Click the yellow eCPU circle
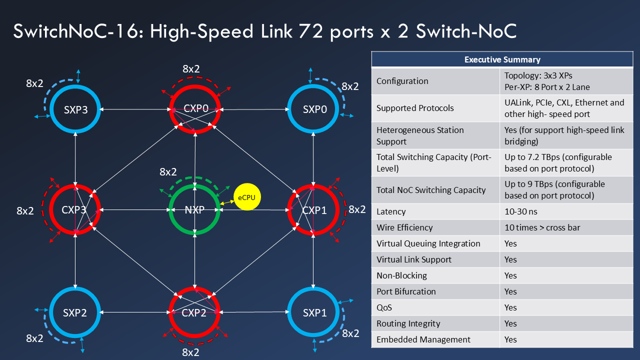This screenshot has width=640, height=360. [x=246, y=197]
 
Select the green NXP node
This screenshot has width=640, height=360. [x=194, y=210]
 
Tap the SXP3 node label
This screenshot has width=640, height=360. [x=75, y=110]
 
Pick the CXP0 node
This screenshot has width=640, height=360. [x=194, y=109]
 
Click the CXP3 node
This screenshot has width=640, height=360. [x=75, y=210]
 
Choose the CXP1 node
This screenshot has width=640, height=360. [x=314, y=210]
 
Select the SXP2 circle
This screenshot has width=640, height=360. [x=75, y=313]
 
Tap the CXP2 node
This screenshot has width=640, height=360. [x=194, y=313]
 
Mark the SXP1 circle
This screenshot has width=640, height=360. [x=314, y=313]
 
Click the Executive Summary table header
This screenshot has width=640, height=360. [x=502, y=59]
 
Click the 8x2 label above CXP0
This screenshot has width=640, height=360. [x=191, y=69]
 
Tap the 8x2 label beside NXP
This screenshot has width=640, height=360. [x=168, y=172]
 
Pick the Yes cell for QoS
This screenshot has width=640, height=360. [x=510, y=307]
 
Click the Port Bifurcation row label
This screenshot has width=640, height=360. [x=406, y=291]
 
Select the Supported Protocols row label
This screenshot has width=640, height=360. [x=415, y=108]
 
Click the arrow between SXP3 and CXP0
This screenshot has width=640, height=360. [x=135, y=109]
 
